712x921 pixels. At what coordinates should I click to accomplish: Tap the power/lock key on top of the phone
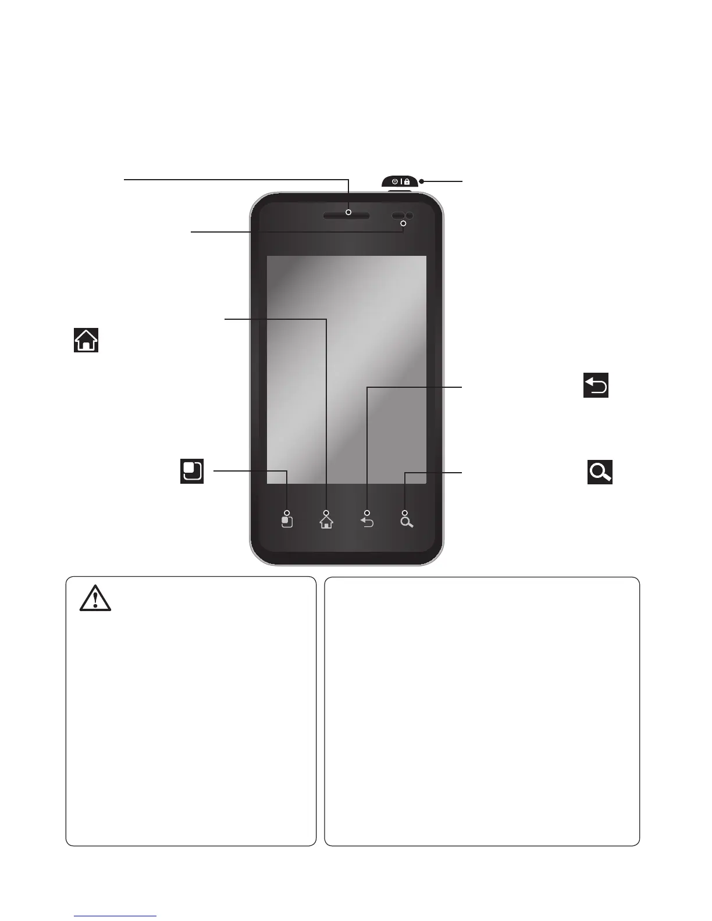click(400, 181)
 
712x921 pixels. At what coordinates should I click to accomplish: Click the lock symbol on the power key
click(407, 181)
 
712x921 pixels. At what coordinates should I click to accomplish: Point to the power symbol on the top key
click(395, 181)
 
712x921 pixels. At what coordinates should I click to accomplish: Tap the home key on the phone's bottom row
click(326, 523)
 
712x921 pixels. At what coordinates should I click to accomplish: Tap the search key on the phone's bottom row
click(407, 522)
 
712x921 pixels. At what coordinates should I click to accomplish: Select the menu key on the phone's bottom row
click(287, 522)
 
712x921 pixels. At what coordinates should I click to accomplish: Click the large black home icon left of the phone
click(86, 340)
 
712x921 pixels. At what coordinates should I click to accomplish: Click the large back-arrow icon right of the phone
click(596, 385)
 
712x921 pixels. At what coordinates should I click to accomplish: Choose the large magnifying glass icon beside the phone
click(600, 473)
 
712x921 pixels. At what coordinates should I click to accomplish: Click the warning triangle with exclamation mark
click(95, 598)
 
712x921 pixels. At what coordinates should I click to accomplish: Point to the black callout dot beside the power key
click(422, 181)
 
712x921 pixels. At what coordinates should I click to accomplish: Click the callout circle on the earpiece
click(349, 212)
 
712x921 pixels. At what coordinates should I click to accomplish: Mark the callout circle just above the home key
click(326, 513)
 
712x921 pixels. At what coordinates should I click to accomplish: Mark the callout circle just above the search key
click(404, 513)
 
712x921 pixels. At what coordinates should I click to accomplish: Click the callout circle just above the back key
click(367, 513)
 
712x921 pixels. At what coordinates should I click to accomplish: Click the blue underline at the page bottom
click(116, 916)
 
